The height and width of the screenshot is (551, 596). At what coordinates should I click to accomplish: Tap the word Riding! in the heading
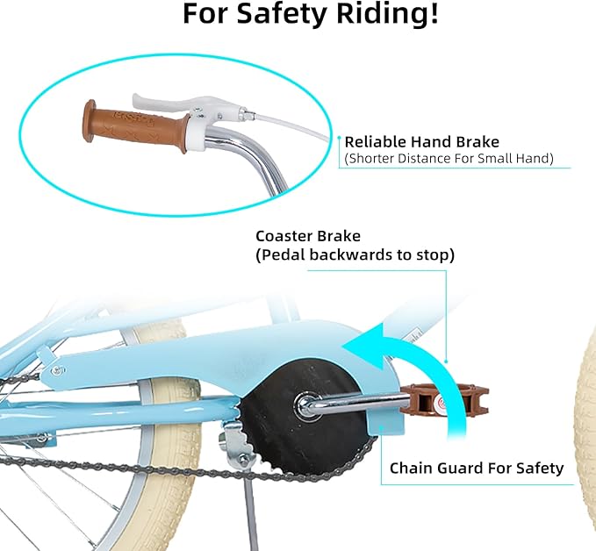click(388, 14)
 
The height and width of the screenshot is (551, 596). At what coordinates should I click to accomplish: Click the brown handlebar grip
click(136, 126)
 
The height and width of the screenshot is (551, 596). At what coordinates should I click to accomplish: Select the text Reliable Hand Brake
click(422, 142)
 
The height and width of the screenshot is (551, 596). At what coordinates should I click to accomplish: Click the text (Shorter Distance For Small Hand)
click(449, 158)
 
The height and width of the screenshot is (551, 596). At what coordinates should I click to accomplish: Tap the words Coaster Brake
click(308, 236)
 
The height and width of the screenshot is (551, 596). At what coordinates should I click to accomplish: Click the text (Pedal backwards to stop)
click(355, 255)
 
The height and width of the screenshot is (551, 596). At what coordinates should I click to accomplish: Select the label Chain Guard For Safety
click(477, 469)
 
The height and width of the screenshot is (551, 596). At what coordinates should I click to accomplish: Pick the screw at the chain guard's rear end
click(57, 369)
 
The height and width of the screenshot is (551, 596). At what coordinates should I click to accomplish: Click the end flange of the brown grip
click(89, 122)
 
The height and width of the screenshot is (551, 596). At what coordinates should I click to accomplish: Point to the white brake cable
click(288, 124)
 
